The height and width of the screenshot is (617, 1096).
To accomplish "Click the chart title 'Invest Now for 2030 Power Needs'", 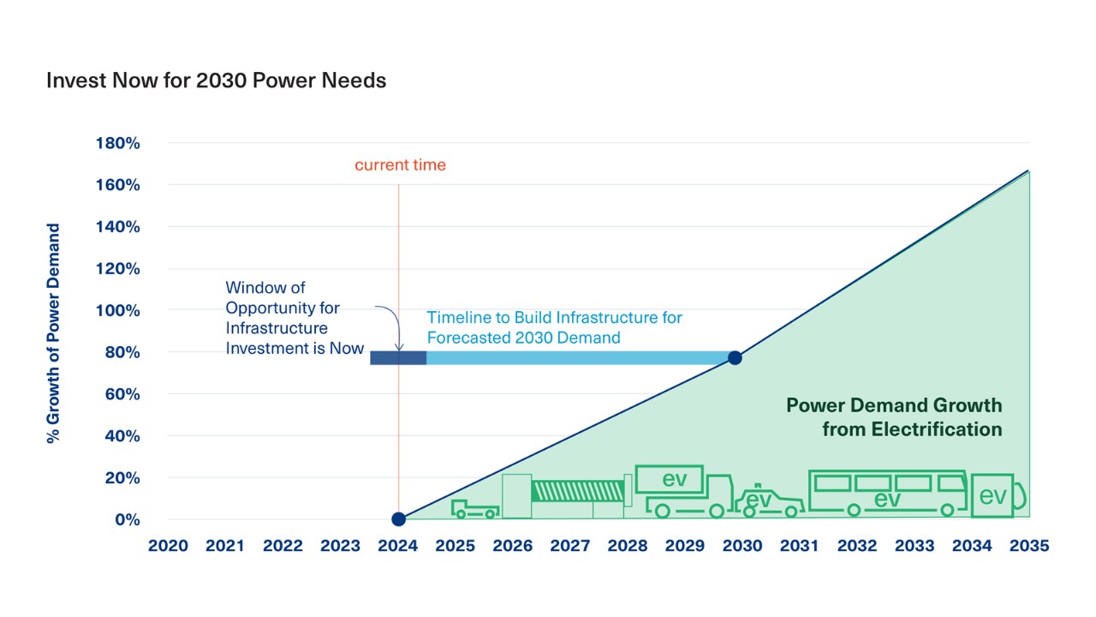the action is pos(217,81).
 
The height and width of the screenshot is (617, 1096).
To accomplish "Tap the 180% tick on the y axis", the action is pos(118,143).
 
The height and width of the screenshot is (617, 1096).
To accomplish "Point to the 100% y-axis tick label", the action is pos(118,310).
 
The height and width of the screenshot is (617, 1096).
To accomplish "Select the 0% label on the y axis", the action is pos(128,519).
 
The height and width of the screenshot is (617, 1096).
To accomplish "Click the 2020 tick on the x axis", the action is pos(168,546).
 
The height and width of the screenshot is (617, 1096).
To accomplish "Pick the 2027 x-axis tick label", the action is pos(570,546).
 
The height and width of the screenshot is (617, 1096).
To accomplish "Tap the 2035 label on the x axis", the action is pos(1029,546).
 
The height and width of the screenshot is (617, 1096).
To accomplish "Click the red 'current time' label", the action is pos(400,165).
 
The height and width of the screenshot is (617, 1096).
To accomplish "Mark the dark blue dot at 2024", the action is pos(399,519).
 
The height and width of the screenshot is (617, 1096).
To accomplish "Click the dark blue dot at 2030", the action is pos(735,358).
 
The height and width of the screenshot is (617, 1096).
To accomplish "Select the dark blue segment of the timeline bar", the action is pos(398,358).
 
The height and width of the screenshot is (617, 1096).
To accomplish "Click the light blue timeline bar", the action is pos(577,358).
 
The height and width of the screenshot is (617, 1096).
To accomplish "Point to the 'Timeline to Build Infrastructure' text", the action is pos(554,327).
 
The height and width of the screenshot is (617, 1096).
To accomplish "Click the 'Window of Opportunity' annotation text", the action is pos(295,318).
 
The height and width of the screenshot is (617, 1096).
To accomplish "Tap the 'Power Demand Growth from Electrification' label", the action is pos(894,417).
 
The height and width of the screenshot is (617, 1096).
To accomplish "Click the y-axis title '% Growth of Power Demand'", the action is pos(53,333).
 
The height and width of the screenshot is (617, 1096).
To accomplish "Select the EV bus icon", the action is pos(888,493).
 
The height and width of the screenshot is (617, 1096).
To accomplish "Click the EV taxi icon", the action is pos(769,500).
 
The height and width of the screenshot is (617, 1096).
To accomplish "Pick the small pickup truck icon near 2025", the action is pos(475,509).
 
